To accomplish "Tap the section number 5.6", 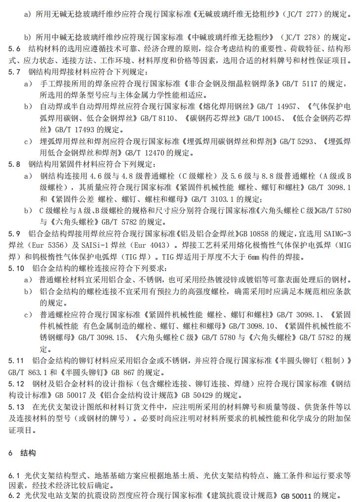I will click(x=15, y=49).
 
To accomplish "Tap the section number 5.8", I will click(x=15, y=164).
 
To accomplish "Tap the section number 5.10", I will click(x=16, y=268).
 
